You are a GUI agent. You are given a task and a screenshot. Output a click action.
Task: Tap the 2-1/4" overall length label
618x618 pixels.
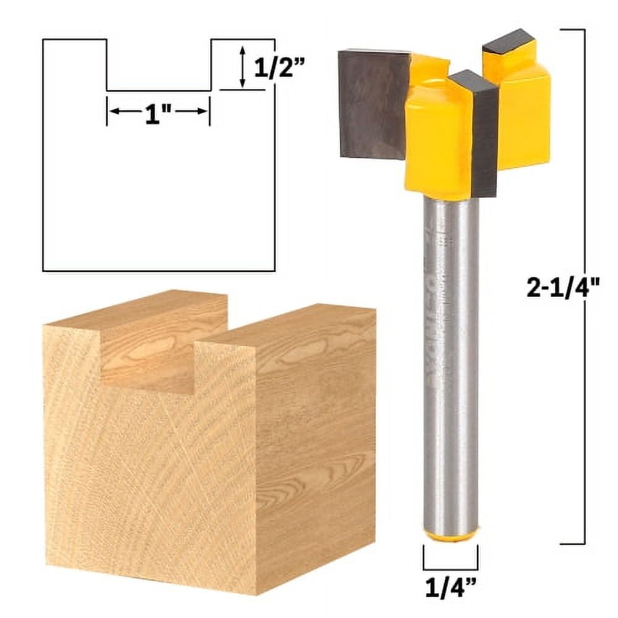tap(563, 288)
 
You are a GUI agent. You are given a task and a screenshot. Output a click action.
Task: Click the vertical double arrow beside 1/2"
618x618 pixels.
tap(242, 66)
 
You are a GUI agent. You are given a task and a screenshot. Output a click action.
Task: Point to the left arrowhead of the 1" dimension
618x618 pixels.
tap(114, 111)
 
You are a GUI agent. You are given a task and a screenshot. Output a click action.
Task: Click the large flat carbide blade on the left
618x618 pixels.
tap(373, 102)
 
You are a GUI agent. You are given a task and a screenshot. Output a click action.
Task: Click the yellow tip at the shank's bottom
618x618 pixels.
tap(451, 535)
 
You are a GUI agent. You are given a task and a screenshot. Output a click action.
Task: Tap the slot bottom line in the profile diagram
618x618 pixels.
tap(159, 90)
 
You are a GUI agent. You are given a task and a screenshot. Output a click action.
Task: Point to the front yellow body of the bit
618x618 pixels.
tap(438, 142)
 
